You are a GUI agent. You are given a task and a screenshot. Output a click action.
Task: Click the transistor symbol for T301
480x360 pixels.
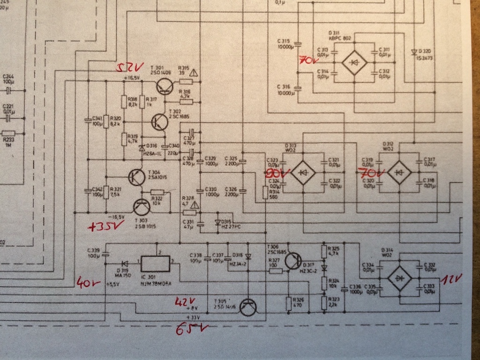[165, 86]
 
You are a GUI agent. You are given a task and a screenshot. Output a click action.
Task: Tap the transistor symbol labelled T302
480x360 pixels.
[160, 122]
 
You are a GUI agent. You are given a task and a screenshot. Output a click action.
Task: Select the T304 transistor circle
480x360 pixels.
[136, 177]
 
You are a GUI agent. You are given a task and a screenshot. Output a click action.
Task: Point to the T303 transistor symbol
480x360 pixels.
[142, 207]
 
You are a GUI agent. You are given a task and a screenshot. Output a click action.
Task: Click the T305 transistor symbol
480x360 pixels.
[248, 307]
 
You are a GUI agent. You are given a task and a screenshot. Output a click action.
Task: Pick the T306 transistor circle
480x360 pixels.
[293, 261]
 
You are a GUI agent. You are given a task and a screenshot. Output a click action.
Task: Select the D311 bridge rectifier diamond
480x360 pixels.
[354, 62]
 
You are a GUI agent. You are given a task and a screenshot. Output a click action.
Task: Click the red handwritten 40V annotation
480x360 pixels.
[88, 282]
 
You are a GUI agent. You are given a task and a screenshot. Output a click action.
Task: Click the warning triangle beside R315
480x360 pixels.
[194, 73]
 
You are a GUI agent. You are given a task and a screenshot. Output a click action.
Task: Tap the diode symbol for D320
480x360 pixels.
[414, 52]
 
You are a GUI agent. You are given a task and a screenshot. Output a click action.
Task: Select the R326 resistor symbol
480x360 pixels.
[289, 304]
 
